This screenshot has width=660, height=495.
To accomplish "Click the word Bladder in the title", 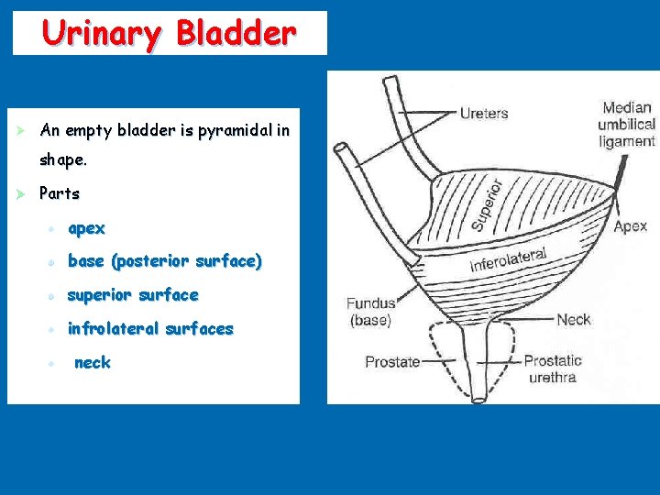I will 236,33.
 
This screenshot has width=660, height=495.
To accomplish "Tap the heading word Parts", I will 60,194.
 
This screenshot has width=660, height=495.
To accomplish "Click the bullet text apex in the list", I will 87,228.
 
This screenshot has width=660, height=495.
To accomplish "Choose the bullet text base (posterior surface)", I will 165,261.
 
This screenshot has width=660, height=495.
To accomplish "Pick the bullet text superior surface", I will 133,295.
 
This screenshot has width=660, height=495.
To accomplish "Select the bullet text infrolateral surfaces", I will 150,329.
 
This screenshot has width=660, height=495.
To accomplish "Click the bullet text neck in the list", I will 93,363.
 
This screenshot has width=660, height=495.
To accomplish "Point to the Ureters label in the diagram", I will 483,114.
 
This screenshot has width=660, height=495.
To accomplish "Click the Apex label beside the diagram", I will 630,226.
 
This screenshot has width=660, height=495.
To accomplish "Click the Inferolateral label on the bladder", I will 509,260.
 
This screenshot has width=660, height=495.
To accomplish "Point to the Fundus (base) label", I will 370,312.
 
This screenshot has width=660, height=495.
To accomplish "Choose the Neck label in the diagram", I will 574,320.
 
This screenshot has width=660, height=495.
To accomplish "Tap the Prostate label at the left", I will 392,362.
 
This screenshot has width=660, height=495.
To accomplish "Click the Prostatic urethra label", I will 553,368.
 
